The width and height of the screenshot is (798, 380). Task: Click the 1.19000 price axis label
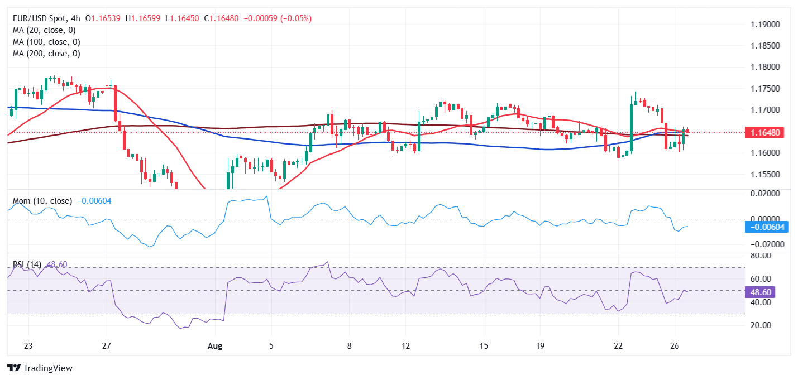point(766,25)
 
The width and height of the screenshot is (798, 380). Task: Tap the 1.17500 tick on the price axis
point(766,89)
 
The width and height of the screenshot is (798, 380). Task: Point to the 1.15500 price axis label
point(766,174)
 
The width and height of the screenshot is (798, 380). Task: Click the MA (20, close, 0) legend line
point(44,30)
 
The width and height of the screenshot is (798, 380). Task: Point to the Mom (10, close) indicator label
point(42,201)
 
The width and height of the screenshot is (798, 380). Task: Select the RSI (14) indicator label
point(28,264)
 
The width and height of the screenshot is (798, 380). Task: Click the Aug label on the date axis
point(215,346)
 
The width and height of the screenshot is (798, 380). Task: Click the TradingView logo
point(40,368)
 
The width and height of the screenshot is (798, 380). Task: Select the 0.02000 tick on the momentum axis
point(763,193)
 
